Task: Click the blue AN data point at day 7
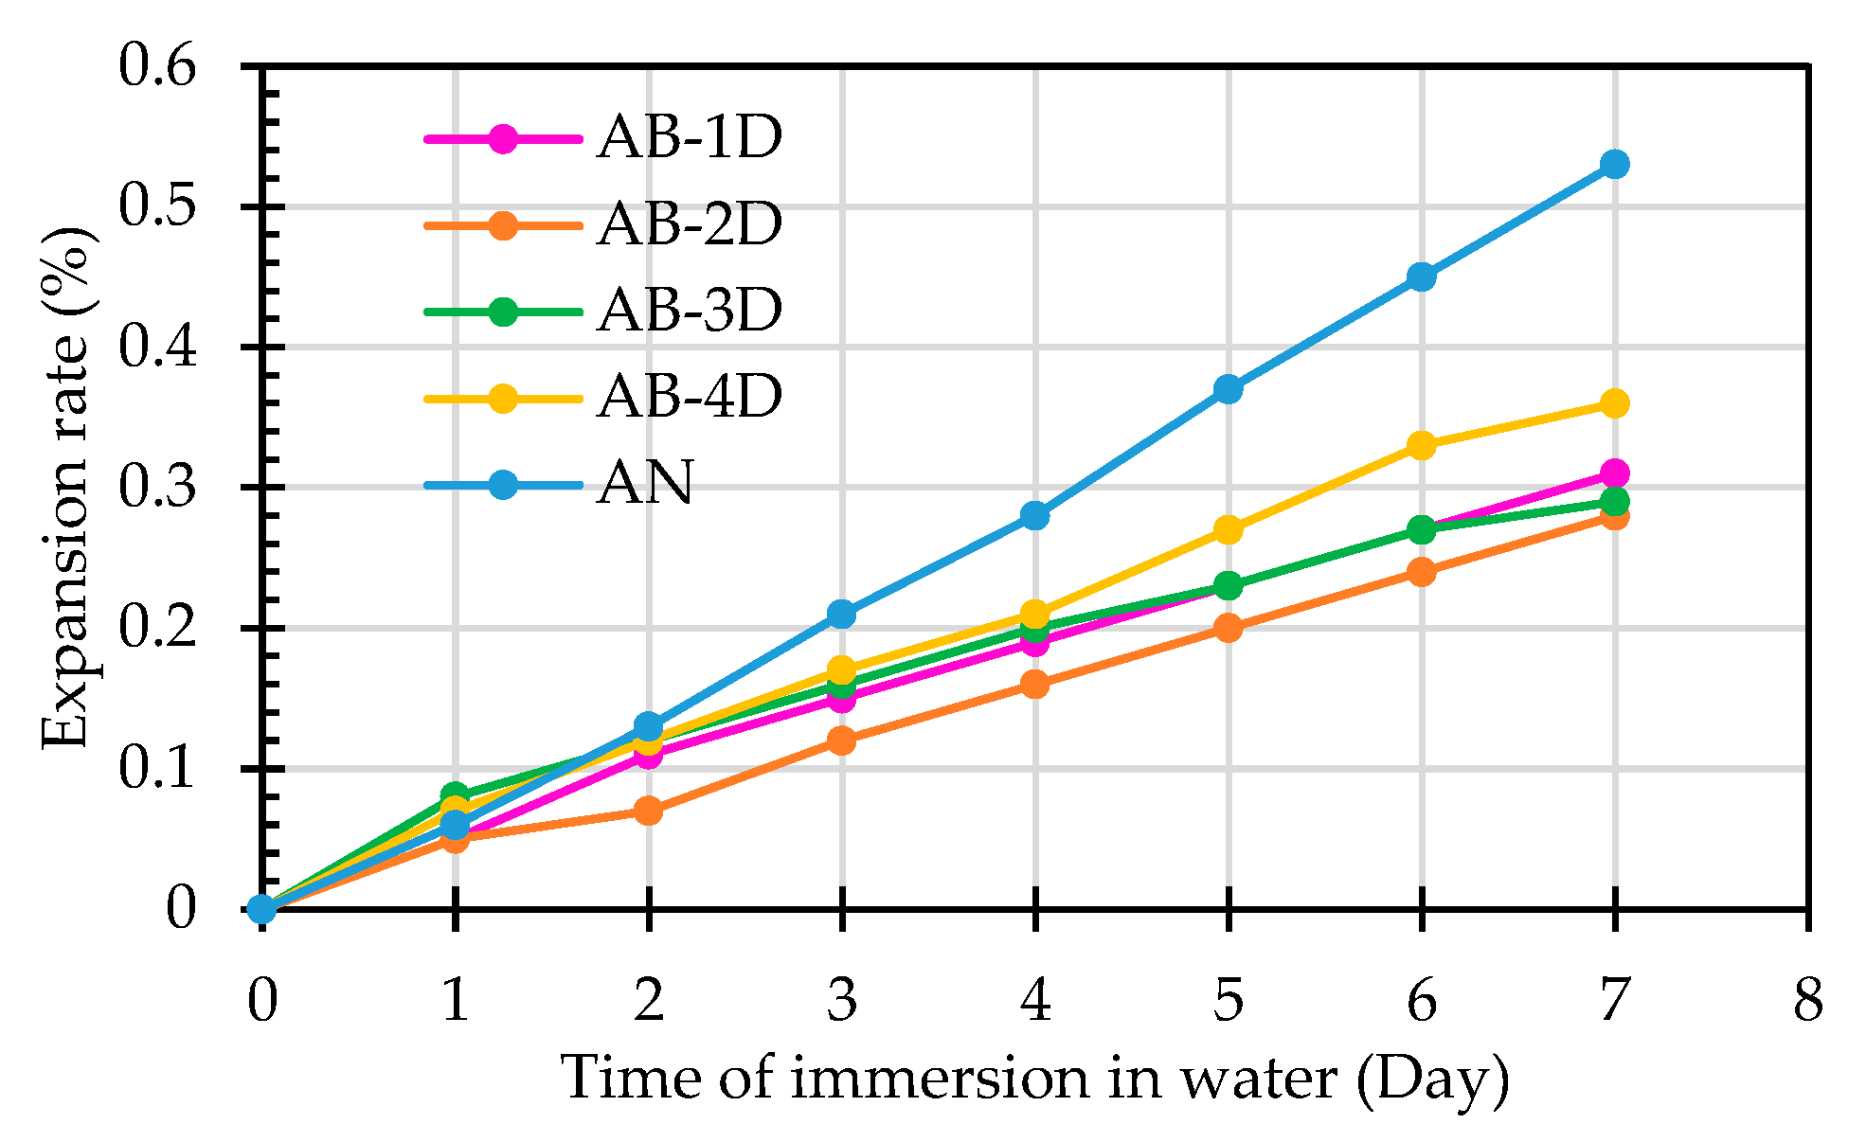tap(1615, 165)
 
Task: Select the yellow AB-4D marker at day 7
tap(1615, 403)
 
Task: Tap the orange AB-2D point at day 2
tap(649, 811)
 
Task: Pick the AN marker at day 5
tap(1229, 389)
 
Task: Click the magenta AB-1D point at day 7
tap(1615, 473)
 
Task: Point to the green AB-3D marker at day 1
tap(455, 795)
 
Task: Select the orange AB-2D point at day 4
tap(1035, 684)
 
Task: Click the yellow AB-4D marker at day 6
tap(1422, 445)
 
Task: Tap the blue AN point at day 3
tap(842, 614)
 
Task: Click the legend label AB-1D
tap(690, 138)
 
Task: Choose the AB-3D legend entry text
tap(690, 311)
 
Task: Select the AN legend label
tap(645, 483)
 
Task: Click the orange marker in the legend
tap(504, 225)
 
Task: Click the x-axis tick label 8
tap(1808, 1000)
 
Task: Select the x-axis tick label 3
tap(842, 1000)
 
